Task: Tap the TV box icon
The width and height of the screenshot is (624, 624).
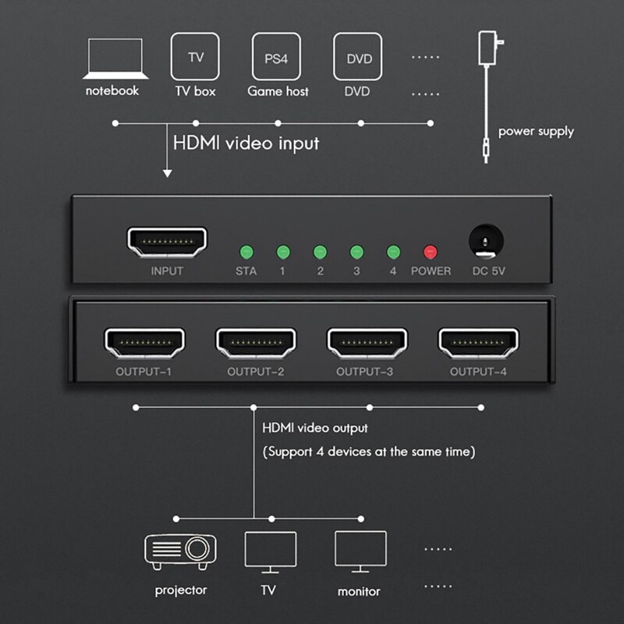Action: coord(195,57)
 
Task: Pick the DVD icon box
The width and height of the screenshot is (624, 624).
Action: coord(359,57)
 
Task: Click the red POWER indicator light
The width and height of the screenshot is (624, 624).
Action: coord(431,252)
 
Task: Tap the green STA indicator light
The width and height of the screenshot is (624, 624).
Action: coord(246,252)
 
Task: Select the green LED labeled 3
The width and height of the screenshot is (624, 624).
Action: coord(356,252)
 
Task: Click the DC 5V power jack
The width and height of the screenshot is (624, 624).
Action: coord(484,241)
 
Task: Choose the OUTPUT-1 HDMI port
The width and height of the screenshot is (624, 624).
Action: coord(144,342)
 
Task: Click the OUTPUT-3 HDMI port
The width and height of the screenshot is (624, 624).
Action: coord(367,342)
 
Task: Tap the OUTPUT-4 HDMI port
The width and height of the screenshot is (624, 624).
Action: coord(478,342)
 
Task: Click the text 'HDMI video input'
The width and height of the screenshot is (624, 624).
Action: coord(246,144)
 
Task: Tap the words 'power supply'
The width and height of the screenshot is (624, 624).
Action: coord(536,131)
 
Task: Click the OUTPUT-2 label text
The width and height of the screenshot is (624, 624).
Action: coord(255,372)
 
